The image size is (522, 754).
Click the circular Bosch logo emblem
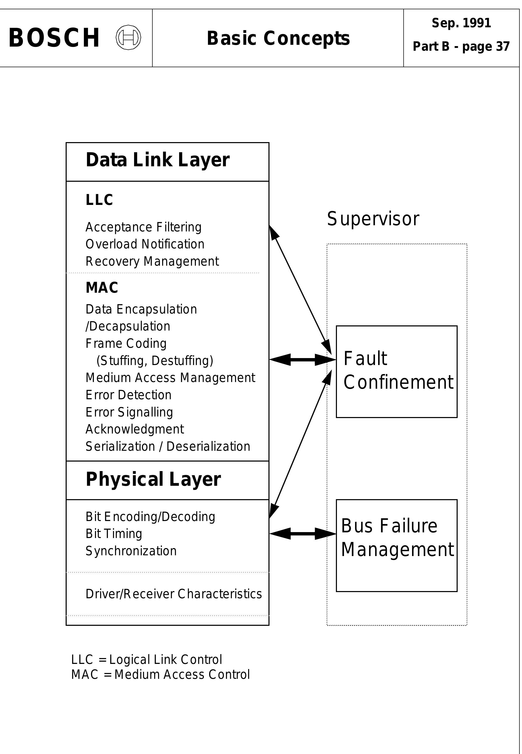click(x=128, y=38)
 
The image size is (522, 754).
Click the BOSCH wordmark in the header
click(x=54, y=38)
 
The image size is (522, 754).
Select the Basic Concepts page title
click(x=278, y=38)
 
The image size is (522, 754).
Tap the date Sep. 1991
click(x=461, y=23)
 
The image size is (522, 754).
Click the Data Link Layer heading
click(x=157, y=160)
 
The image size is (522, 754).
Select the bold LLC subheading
click(x=99, y=200)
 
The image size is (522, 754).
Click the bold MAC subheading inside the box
click(x=102, y=288)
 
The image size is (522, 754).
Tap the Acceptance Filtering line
click(x=143, y=227)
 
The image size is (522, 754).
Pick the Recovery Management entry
click(x=152, y=261)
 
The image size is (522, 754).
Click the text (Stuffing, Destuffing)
click(x=155, y=360)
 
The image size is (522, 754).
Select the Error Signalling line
click(x=129, y=412)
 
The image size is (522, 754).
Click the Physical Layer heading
click(x=153, y=480)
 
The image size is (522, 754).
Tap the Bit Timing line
click(x=114, y=534)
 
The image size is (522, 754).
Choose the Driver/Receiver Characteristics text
click(x=174, y=594)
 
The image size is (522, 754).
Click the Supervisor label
click(x=373, y=219)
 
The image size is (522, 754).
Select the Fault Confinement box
click(x=396, y=372)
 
